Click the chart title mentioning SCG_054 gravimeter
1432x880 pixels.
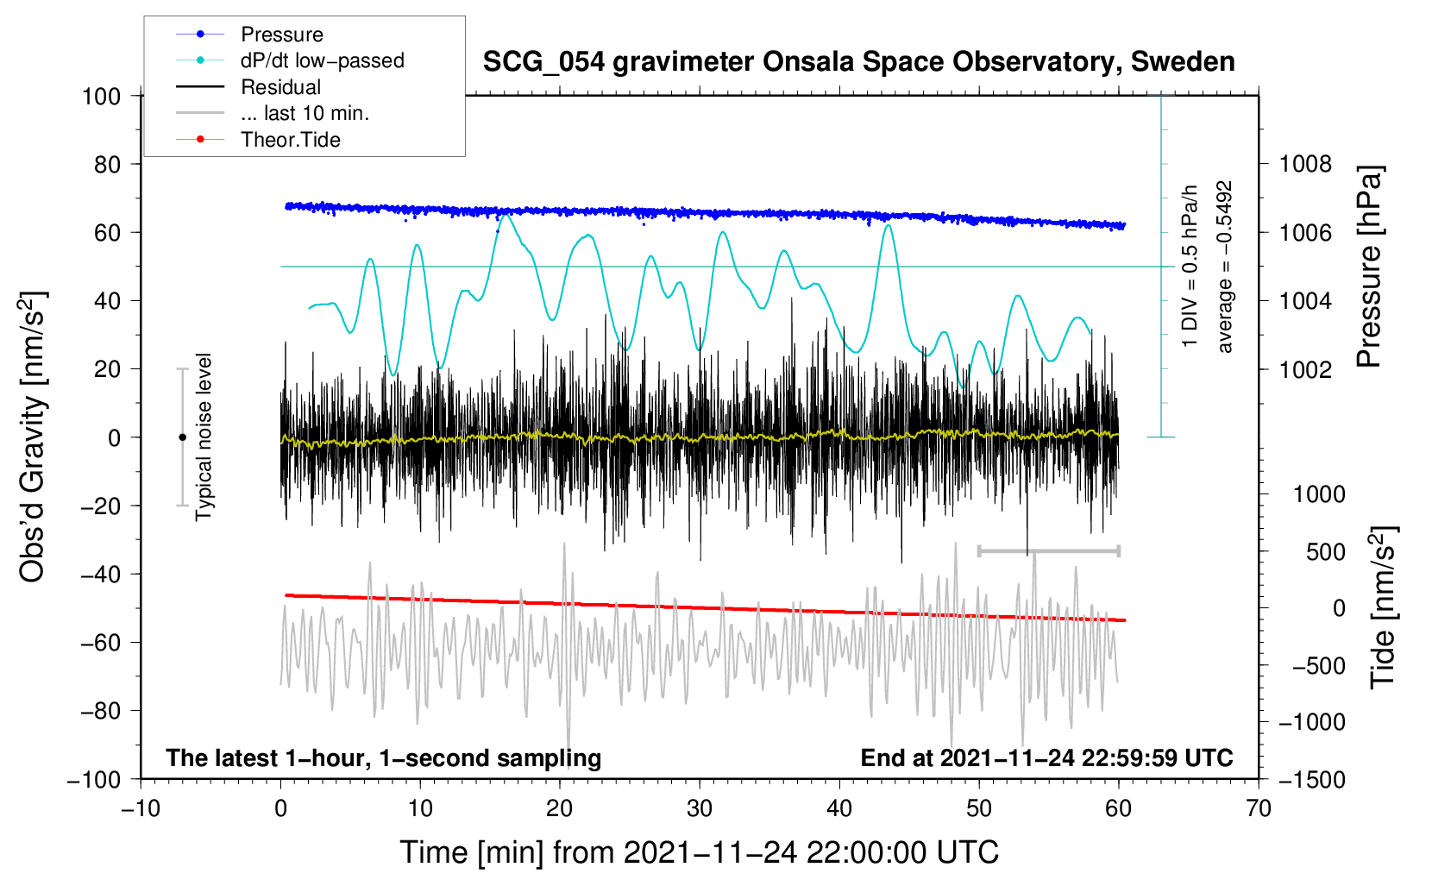858,62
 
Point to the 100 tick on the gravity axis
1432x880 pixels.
102,97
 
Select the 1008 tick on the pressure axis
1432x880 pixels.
1305,165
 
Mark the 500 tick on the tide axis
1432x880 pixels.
1326,552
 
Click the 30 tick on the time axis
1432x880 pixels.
700,809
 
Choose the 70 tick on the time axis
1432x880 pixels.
1258,809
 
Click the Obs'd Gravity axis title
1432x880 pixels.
32,437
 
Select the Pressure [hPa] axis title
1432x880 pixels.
1369,267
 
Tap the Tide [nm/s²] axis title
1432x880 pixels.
1384,608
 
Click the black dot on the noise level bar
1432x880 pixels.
182,437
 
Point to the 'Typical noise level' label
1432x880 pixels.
204,437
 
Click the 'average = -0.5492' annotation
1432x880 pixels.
1224,267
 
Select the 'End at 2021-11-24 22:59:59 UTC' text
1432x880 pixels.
1046,757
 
